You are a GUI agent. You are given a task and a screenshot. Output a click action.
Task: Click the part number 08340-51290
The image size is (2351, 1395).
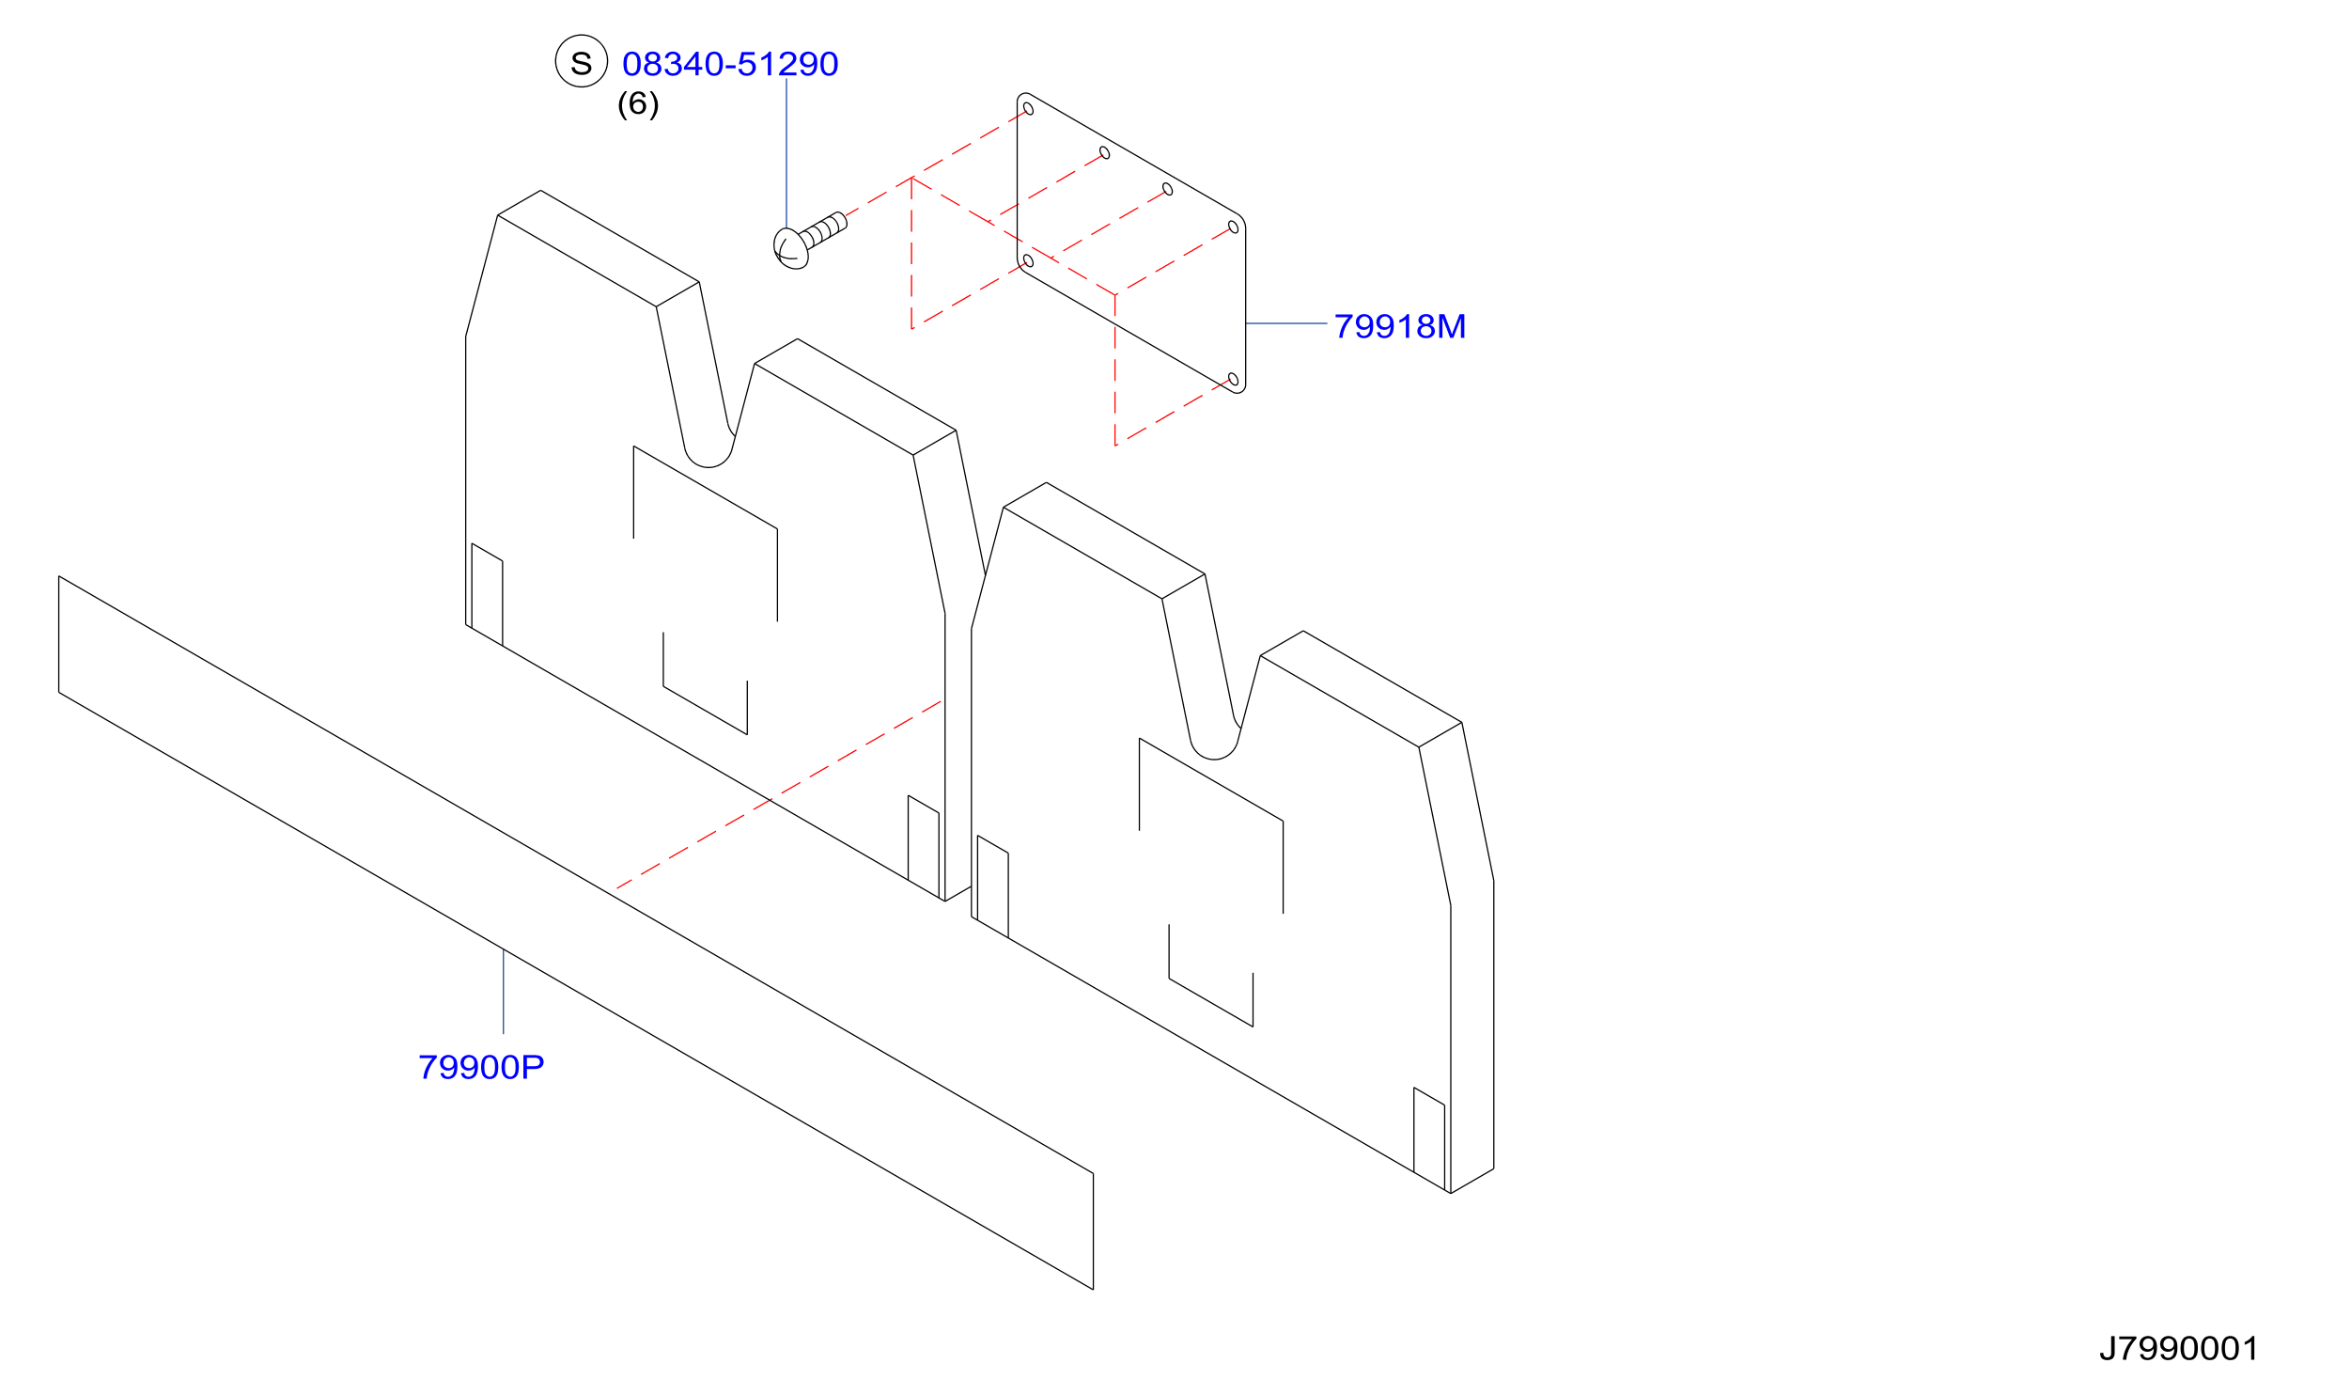click(730, 64)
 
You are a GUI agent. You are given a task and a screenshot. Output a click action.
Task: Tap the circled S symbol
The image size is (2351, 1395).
click(582, 61)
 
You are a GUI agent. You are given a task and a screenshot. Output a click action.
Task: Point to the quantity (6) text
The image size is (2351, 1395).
click(638, 103)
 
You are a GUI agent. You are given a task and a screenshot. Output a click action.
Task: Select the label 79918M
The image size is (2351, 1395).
click(1399, 326)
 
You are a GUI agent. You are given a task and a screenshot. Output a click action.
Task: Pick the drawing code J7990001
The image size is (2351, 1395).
click(2179, 1349)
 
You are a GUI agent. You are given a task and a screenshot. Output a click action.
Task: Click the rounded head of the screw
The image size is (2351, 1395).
click(790, 249)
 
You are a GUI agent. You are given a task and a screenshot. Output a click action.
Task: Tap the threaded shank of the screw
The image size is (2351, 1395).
click(824, 229)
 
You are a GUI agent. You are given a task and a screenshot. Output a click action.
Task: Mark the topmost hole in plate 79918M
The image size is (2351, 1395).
click(1028, 109)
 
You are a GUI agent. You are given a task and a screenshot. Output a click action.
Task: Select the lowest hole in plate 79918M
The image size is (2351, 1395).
click(1234, 380)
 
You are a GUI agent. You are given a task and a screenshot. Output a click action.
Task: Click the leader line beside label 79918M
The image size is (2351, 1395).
click(1286, 323)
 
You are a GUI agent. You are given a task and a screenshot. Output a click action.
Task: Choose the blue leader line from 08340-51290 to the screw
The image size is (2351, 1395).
click(786, 153)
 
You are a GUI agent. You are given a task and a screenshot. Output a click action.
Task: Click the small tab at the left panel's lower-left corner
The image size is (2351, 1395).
click(487, 594)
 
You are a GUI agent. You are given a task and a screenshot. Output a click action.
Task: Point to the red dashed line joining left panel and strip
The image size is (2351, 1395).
click(779, 794)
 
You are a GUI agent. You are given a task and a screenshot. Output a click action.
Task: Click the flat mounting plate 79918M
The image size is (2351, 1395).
click(1131, 243)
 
